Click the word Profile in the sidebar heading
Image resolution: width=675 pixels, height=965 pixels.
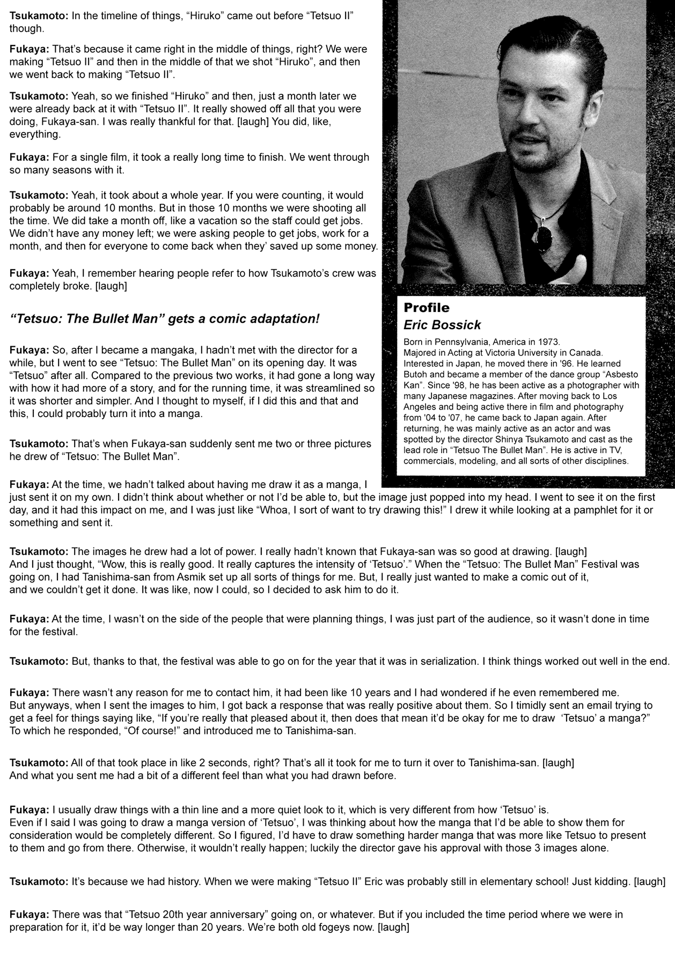(x=426, y=308)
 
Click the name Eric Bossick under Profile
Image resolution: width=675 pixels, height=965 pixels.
(x=442, y=325)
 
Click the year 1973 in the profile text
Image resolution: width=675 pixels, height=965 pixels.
(x=549, y=342)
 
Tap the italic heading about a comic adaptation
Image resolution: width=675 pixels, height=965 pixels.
(x=165, y=319)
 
